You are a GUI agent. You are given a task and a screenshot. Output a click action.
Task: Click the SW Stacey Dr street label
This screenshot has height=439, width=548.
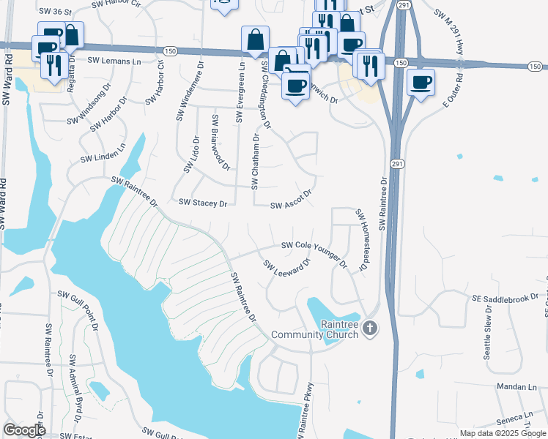203,203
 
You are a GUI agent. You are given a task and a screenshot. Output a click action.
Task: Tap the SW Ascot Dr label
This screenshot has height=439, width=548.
292,200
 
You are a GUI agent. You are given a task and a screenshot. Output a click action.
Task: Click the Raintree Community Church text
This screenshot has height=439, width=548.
315,329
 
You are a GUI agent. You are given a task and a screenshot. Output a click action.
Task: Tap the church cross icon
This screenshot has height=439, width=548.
370,329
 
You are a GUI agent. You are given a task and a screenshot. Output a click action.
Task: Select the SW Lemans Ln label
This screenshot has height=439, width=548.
116,61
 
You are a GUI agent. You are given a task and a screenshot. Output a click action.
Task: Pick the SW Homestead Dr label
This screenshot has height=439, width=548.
360,241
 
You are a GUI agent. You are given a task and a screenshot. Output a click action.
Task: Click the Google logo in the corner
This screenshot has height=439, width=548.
24,430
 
